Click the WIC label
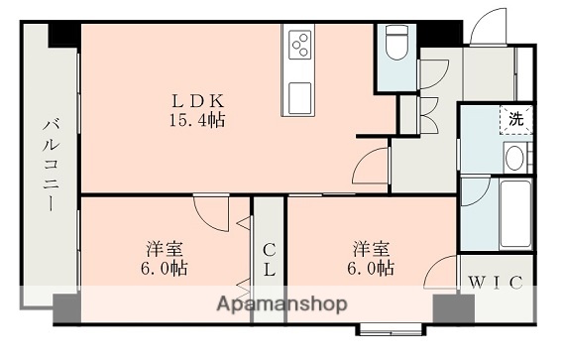point(495,282)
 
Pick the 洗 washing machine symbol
point(514,118)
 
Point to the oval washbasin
point(514,156)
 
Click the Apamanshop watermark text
point(282,303)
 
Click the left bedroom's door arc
point(211,208)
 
